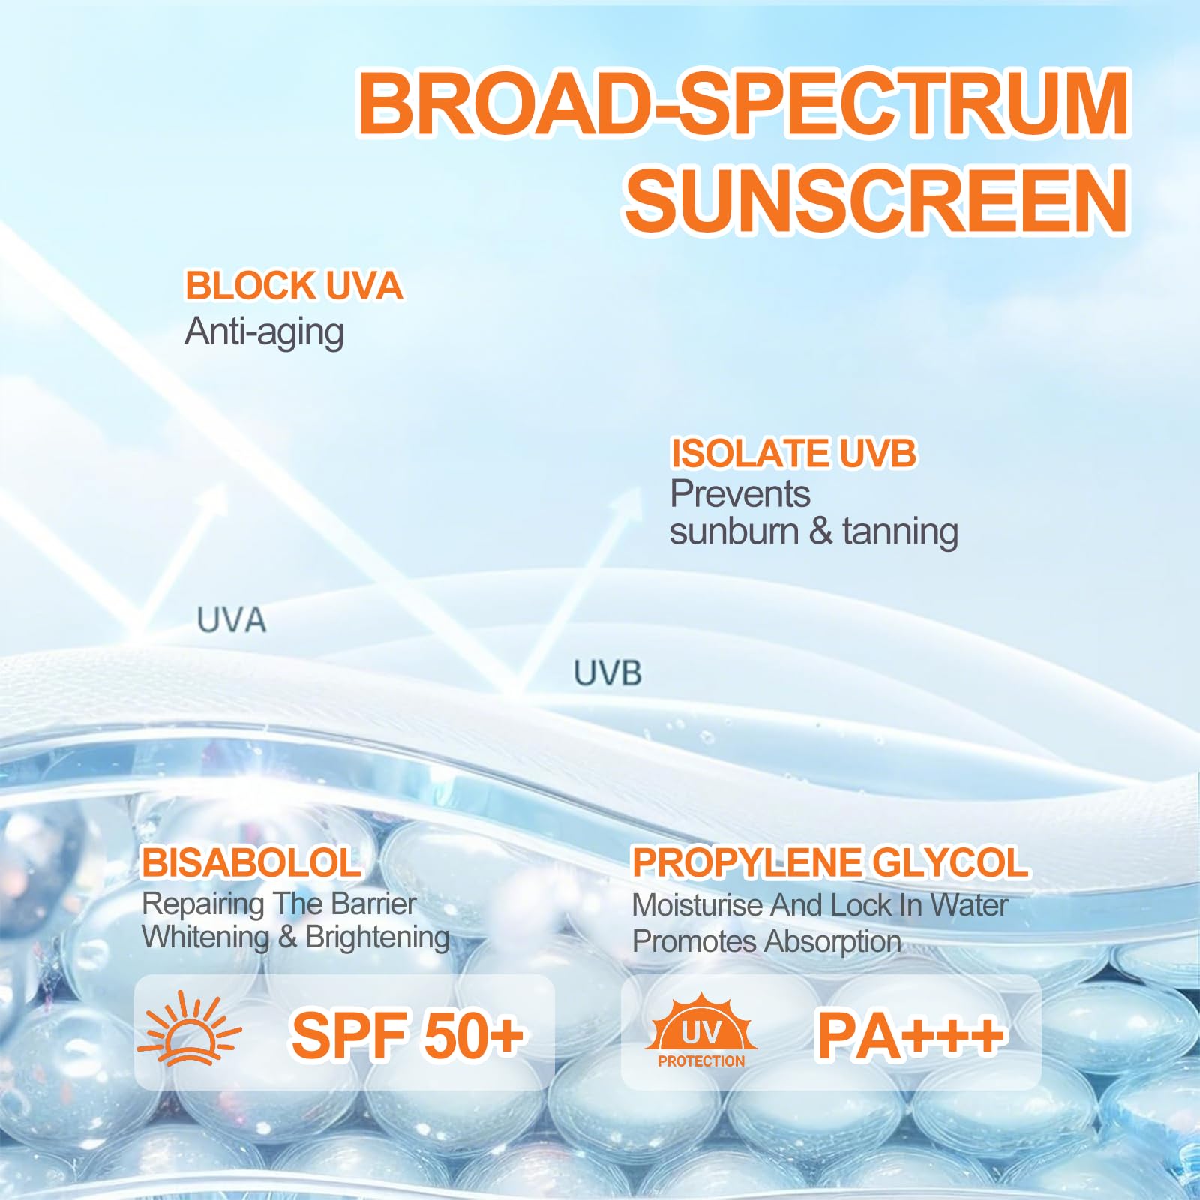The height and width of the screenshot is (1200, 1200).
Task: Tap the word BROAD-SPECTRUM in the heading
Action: coord(743,103)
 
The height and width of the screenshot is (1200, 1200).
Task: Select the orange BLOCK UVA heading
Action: coord(294,286)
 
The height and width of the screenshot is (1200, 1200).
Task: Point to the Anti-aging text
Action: coord(264,332)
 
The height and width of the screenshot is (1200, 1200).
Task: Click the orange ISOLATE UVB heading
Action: coord(793,454)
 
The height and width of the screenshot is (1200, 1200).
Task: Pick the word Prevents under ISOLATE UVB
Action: coord(740,493)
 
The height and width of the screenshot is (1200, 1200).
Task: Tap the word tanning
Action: coord(900,532)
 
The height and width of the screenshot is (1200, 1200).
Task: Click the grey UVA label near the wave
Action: coord(232,620)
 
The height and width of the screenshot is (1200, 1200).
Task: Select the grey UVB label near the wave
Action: coord(607,673)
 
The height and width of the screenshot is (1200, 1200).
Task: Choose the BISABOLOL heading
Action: coord(251,862)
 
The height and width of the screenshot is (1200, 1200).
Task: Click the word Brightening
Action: coord(377,937)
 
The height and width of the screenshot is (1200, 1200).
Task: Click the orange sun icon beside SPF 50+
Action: coord(190,1029)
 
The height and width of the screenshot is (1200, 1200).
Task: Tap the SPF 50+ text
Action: coord(407,1035)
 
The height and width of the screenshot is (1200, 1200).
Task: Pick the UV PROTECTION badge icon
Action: coord(701,1030)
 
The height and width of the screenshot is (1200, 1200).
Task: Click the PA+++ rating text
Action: coord(910,1036)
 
